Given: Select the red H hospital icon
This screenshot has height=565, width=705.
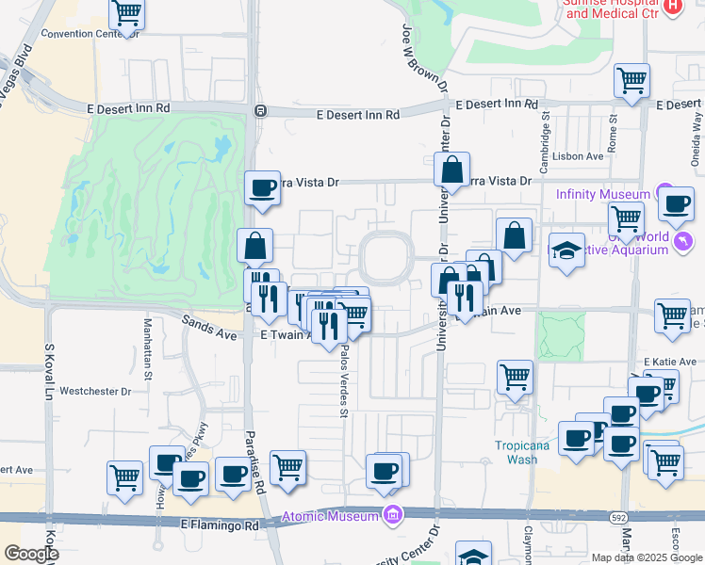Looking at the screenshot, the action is tap(672, 6).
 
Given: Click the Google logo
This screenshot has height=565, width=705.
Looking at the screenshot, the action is tap(30, 554).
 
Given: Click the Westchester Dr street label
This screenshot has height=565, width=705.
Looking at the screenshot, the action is tap(92, 390).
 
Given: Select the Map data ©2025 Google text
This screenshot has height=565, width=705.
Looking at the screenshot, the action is tap(647, 557).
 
